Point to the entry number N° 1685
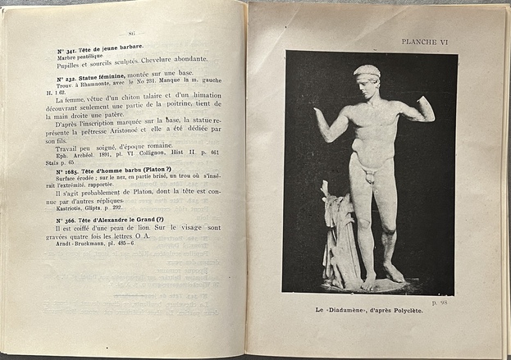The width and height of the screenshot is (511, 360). (71, 171)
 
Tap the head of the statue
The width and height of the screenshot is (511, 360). (368, 81)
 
